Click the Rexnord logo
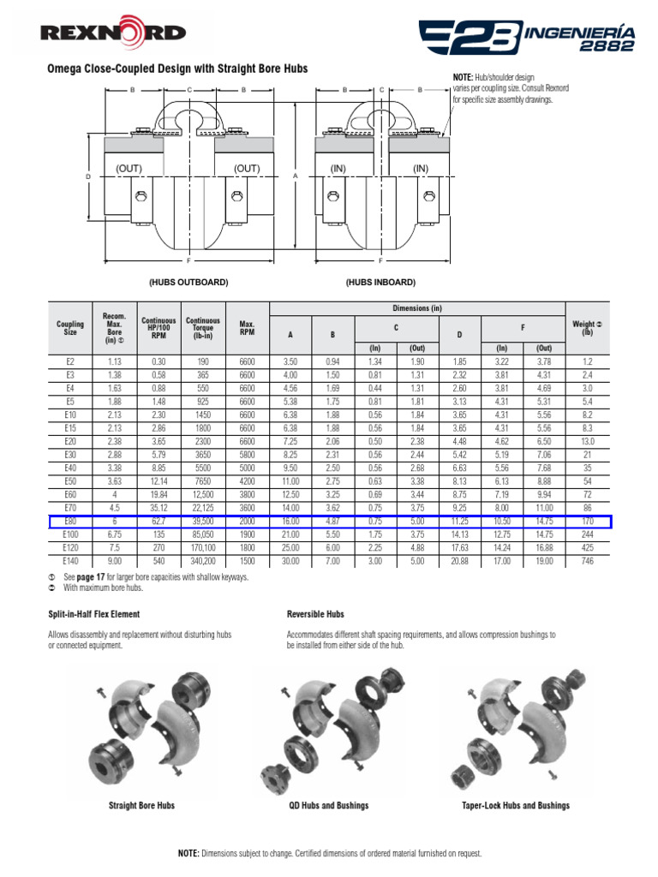(x=112, y=33)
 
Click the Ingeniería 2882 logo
(x=526, y=36)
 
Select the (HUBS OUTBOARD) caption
(x=188, y=282)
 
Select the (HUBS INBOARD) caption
(x=380, y=282)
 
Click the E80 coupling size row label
(x=70, y=521)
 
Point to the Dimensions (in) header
(x=417, y=308)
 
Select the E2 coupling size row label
(x=70, y=363)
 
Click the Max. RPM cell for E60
(x=248, y=495)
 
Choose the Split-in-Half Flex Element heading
(x=93, y=615)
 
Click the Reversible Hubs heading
(x=316, y=615)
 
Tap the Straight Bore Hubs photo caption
(x=142, y=806)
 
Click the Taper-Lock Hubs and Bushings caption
(x=515, y=806)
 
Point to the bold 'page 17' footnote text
(x=91, y=577)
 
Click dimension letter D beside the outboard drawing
(x=87, y=176)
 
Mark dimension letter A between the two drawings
(x=295, y=176)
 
